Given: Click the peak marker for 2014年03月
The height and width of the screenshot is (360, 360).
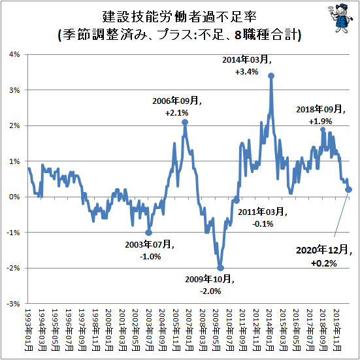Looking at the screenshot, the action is [x=271, y=76].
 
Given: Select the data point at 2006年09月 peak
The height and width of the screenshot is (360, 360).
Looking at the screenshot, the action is [x=185, y=122].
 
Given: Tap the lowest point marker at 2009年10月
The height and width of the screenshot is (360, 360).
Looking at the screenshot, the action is [x=220, y=268].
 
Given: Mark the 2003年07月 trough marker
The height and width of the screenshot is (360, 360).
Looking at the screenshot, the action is [x=148, y=233].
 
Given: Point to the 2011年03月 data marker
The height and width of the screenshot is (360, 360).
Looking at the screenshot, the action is [x=237, y=201].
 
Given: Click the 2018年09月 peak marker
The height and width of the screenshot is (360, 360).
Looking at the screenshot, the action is [x=323, y=129].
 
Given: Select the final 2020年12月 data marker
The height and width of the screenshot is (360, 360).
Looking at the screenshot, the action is [x=348, y=189].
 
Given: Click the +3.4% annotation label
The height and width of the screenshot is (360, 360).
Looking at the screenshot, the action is [x=246, y=72].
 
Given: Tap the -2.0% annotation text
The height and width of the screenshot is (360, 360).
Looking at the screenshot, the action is [x=210, y=291].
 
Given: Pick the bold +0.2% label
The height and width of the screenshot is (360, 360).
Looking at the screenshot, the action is [x=323, y=263].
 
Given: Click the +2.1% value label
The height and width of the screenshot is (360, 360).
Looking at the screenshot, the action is [x=176, y=113].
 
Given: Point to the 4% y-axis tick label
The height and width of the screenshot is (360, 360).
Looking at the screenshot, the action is [x=15, y=55].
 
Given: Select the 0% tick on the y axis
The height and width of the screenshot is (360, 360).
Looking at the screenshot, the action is [x=15, y=197].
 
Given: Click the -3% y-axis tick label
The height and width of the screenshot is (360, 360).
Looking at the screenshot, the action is [x=13, y=304].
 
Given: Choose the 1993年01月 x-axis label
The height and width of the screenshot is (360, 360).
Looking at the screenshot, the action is [x=29, y=329].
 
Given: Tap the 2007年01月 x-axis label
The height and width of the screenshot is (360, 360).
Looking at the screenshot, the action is [x=189, y=329].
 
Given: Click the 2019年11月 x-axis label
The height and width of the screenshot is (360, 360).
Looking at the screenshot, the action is [x=336, y=329].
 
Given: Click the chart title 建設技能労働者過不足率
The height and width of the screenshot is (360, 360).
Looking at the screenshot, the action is [x=179, y=16].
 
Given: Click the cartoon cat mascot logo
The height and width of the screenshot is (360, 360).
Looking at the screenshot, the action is [x=340, y=18].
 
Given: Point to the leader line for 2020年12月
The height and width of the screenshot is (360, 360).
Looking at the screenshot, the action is [x=341, y=214].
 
